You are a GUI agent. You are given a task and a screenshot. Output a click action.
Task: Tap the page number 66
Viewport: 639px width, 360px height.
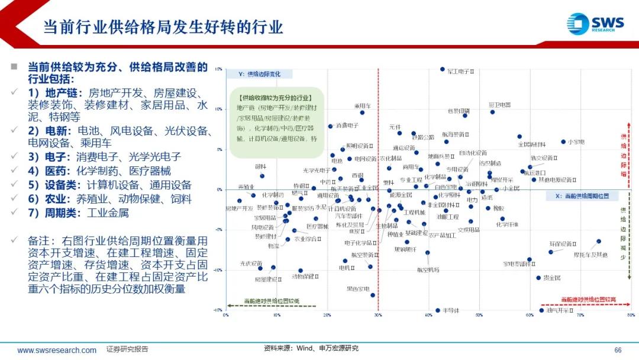point(618,350)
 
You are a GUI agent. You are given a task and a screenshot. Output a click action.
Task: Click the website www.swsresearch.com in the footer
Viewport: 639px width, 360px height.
point(57,350)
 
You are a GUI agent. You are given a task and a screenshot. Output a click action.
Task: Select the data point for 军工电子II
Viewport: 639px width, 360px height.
point(443,69)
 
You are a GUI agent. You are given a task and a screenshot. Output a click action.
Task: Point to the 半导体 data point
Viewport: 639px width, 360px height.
point(438,310)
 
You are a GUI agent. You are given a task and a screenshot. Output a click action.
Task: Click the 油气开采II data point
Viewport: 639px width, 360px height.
point(541,310)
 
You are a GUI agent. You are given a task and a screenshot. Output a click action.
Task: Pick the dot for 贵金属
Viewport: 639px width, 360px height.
point(538,278)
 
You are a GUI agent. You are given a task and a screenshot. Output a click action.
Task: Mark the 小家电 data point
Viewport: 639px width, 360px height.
point(563,142)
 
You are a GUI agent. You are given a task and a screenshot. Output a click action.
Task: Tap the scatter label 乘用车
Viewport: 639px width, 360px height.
point(363,106)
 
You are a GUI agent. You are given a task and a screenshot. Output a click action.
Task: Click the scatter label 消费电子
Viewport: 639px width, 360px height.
point(347,126)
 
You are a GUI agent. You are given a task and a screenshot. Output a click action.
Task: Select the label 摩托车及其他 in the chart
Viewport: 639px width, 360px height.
point(590,255)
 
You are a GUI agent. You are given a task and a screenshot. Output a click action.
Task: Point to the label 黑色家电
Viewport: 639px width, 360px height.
point(358,289)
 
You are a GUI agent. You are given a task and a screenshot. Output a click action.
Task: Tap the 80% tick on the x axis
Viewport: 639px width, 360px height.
point(631,315)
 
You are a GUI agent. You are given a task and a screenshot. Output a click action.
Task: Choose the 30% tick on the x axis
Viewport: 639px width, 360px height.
point(378,315)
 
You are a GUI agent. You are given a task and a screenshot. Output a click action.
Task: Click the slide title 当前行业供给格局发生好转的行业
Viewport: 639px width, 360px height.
point(163,27)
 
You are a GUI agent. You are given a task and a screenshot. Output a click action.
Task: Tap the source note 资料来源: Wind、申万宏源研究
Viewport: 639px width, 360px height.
point(311,348)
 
